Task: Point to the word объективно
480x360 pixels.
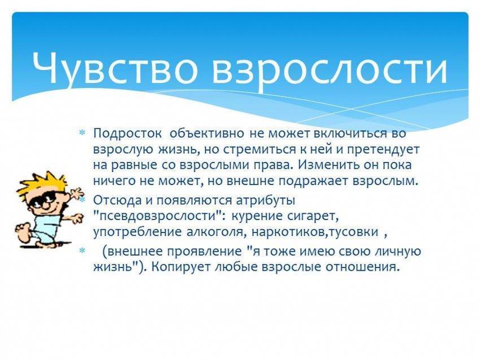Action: (x=207, y=133)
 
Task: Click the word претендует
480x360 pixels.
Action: (x=383, y=150)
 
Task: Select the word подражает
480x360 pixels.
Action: (x=313, y=181)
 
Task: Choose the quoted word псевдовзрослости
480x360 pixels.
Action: (x=158, y=216)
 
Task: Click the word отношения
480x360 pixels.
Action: (x=363, y=267)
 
